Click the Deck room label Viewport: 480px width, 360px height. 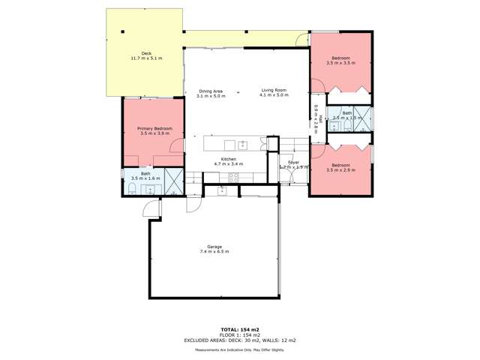click(x=145, y=53)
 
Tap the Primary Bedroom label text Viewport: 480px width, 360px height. click(x=155, y=128)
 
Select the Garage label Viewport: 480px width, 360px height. click(x=214, y=246)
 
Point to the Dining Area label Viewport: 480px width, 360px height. click(x=210, y=91)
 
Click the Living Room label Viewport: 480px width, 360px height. click(x=274, y=91)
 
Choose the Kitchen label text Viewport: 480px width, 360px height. click(x=229, y=158)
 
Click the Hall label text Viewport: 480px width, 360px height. click(x=319, y=117)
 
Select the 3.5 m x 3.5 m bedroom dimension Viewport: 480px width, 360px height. click(x=340, y=63)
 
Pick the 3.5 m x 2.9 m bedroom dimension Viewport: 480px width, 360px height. click(x=340, y=170)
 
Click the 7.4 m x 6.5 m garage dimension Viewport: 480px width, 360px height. click(x=214, y=251)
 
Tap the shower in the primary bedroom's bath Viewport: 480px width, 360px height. click(x=174, y=182)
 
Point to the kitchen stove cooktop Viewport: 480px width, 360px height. click(x=232, y=178)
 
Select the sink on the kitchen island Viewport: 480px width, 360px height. click(x=242, y=145)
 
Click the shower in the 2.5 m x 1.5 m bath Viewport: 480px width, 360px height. click(x=364, y=117)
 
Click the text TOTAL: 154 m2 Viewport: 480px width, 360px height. click(x=240, y=329)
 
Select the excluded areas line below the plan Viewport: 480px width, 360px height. click(x=240, y=340)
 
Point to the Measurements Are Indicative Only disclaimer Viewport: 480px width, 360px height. click(x=240, y=350)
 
